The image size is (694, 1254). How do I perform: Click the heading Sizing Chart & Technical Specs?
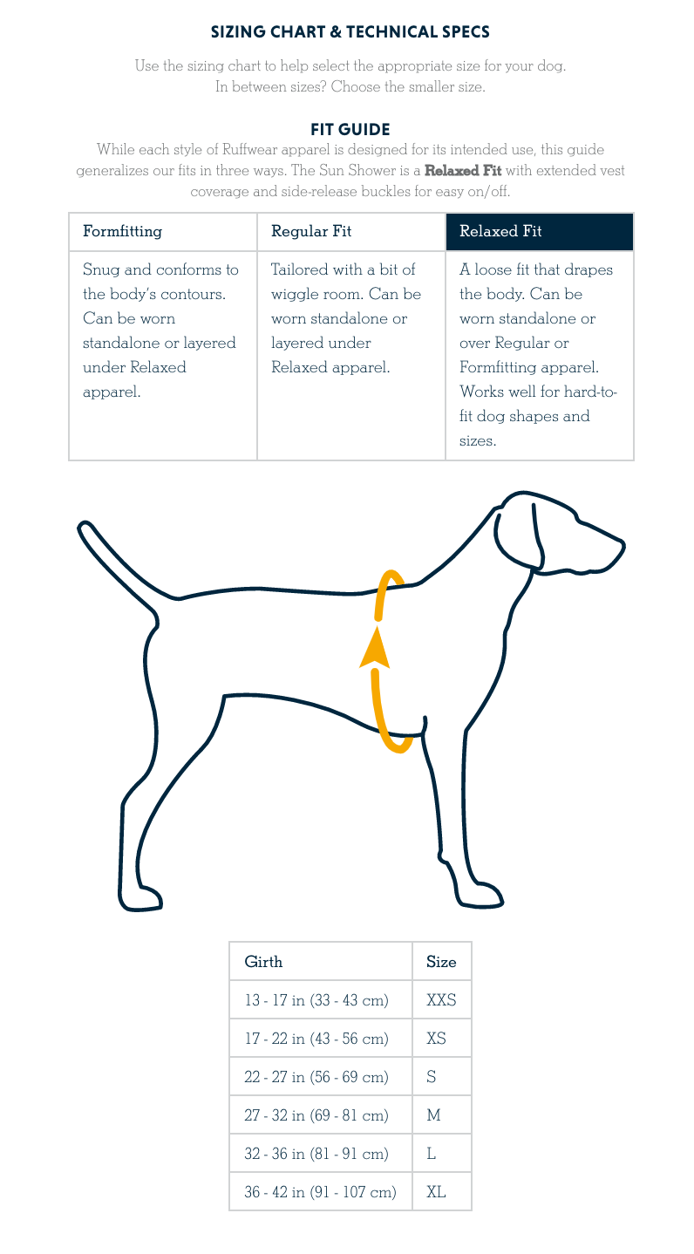click(350, 32)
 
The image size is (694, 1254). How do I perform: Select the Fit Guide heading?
click(350, 130)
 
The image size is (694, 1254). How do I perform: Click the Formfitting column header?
click(122, 231)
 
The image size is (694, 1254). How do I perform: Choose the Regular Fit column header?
click(311, 231)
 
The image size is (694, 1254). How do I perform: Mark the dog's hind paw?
click(140, 898)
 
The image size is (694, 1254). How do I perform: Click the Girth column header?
click(263, 962)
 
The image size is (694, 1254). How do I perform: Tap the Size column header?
click(441, 962)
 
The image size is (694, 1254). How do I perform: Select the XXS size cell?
click(441, 1000)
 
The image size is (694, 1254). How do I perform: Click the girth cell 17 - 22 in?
click(316, 1039)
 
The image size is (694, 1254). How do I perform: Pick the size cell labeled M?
click(433, 1115)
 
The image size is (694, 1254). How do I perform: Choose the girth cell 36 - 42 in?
click(320, 1191)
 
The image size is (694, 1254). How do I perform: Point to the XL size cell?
click(436, 1191)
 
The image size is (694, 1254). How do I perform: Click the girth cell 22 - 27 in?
click(316, 1077)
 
